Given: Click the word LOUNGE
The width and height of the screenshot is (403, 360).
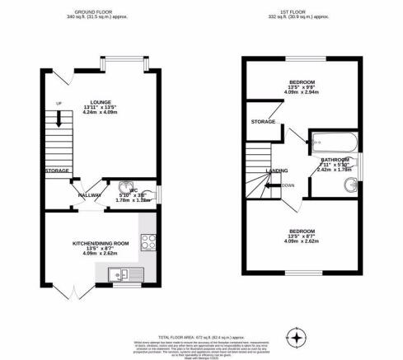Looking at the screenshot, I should pyautogui.click(x=100, y=102).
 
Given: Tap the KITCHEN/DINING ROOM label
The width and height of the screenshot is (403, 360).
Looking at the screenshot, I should pyautogui.click(x=101, y=243).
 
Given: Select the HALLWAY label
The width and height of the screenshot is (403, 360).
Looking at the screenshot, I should pyautogui.click(x=90, y=194).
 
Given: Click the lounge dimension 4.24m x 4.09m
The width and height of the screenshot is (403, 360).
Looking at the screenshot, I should pyautogui.click(x=101, y=114).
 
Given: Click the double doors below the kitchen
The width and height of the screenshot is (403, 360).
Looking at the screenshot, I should pyautogui.click(x=75, y=289).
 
